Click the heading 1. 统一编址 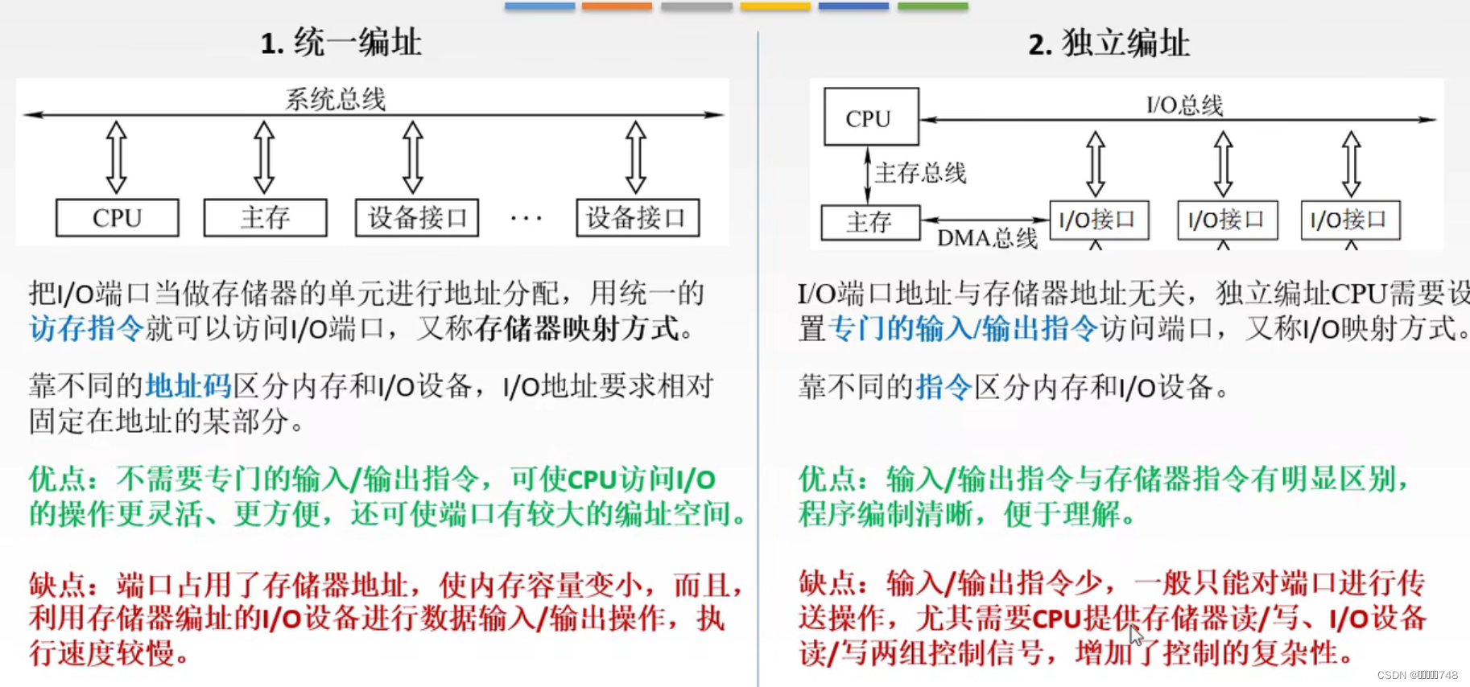341,43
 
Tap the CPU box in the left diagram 118,218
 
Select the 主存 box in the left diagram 265,218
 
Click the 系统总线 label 336,100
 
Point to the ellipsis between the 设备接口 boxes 526,218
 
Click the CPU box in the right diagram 870,117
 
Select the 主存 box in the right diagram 869,222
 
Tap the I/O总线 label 1184,105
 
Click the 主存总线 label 920,173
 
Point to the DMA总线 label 987,238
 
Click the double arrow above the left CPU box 117,158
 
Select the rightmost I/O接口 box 1350,220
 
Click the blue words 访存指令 87,328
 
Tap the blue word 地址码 188,387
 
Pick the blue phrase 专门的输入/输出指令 963,328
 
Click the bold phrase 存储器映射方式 577,328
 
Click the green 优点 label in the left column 58,479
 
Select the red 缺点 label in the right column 828,582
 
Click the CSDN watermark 1417,675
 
